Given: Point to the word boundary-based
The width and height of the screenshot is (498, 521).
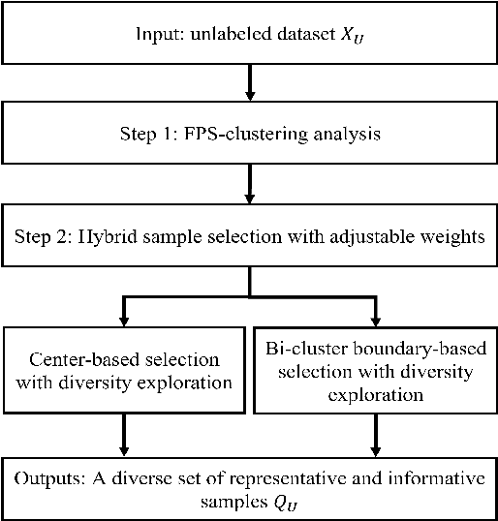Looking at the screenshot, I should pyautogui.click(x=419, y=350).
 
